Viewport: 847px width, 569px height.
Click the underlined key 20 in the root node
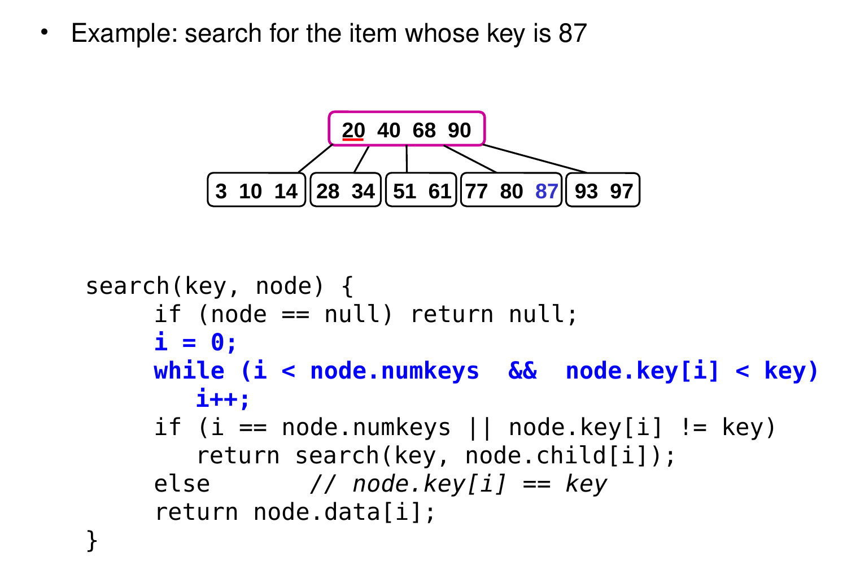point(353,131)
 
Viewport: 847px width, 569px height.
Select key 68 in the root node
point(424,131)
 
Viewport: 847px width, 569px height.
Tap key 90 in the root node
point(460,131)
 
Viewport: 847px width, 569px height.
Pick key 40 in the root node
point(388,131)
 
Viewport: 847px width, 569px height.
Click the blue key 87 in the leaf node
point(547,192)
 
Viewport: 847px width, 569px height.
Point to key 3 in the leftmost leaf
point(221,192)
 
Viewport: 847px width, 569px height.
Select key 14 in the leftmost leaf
point(286,192)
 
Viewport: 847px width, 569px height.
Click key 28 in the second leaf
point(328,192)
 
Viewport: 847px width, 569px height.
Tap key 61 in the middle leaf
point(440,192)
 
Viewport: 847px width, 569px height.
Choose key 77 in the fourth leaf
point(476,192)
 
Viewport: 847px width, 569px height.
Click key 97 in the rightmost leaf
point(621,192)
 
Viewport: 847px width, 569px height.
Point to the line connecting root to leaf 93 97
point(535,159)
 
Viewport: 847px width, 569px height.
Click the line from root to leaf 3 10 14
point(315,159)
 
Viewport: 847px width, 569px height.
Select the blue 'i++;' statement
point(222,399)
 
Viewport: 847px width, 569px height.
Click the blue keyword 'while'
point(189,371)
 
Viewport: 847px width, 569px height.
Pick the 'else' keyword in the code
point(182,484)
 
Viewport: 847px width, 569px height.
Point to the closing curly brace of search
point(92,541)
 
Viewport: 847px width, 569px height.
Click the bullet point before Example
point(44,32)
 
